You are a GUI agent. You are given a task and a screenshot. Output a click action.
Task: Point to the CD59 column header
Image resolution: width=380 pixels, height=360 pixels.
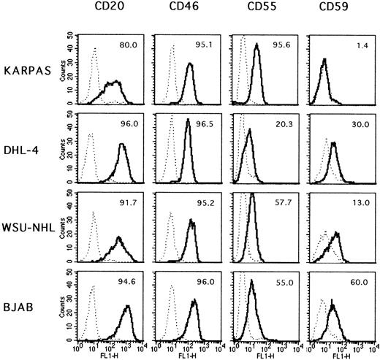pyautogui.click(x=335, y=9)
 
